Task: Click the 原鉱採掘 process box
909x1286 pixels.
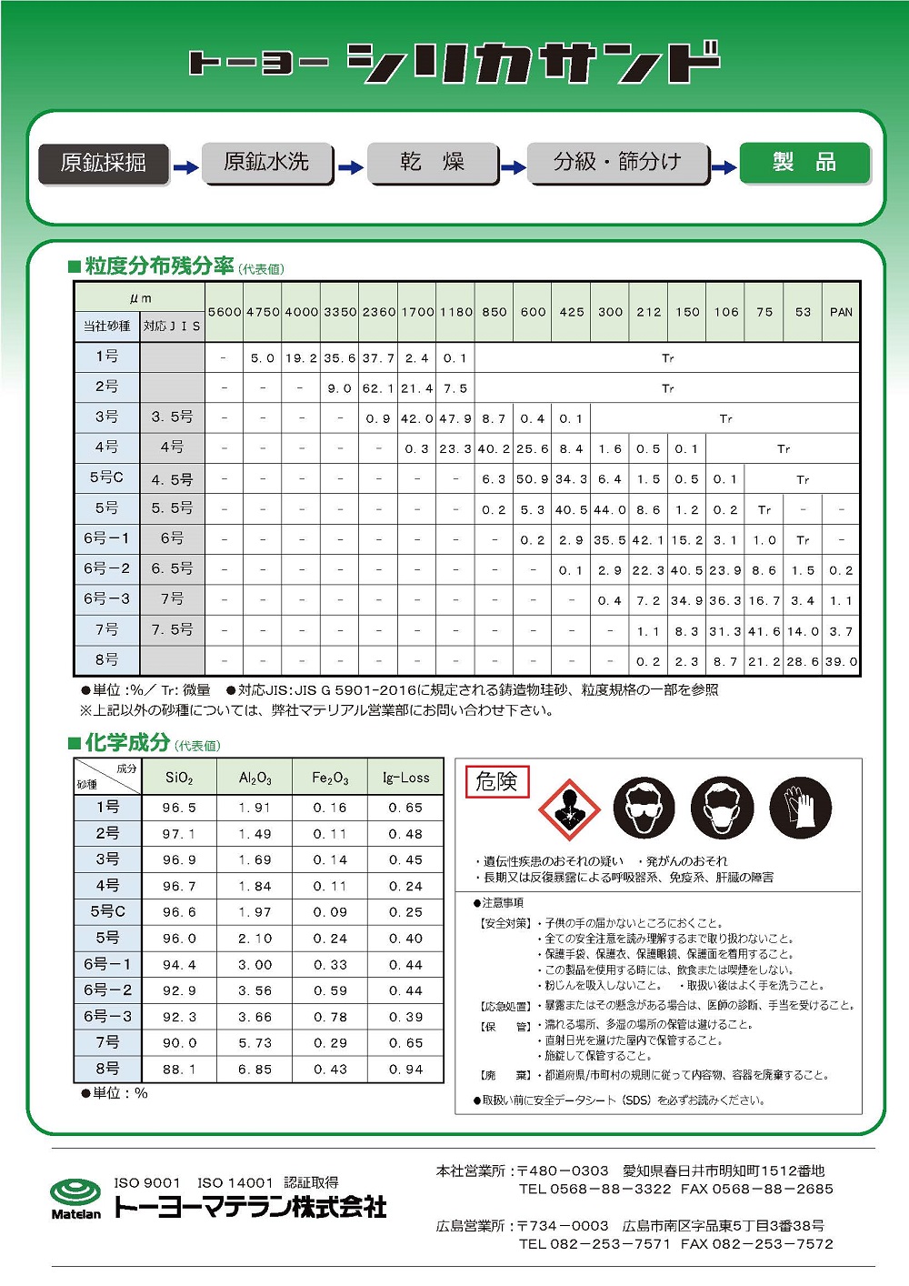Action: point(104,163)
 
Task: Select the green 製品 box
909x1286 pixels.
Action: point(804,163)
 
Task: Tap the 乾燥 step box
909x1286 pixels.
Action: point(433,163)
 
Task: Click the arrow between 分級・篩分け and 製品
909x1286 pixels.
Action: point(724,167)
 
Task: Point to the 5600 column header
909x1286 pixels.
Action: point(225,312)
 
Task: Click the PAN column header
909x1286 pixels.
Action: point(841,312)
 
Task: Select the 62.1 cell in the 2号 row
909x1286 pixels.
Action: point(378,388)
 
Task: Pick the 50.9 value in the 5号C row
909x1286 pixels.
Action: point(533,479)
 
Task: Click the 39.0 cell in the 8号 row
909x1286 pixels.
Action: point(841,662)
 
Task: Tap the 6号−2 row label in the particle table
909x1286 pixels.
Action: point(107,568)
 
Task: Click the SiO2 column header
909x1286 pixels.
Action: point(179,779)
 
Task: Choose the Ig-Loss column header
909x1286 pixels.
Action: point(405,779)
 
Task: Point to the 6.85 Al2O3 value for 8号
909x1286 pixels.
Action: point(255,1070)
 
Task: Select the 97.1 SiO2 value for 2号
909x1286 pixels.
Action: point(179,834)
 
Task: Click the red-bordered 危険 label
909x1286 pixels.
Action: point(496,781)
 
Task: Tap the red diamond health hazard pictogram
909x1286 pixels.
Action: point(568,808)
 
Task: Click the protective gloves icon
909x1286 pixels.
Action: point(801,808)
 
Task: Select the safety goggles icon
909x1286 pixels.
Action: point(644,808)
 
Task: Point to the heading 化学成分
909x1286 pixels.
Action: point(127,743)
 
